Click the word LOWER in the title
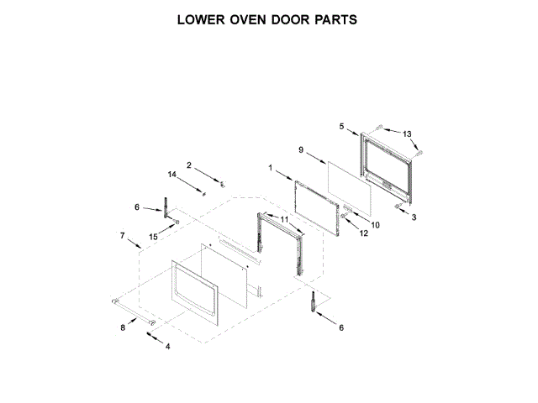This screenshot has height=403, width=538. coord(205,18)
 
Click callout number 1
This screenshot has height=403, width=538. coord(271,168)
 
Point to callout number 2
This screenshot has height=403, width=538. coord(189,165)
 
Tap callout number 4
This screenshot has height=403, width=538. coord(167,346)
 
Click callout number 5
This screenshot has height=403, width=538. coord(341,126)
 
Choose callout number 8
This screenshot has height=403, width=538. coord(123,327)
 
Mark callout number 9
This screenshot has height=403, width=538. coord(301,149)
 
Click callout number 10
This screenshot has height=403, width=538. coord(375,225)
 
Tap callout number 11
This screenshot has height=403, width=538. coord(283,219)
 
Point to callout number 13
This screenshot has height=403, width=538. coord(407,134)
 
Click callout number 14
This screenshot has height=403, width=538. coord(171,175)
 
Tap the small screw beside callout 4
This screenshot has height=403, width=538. coord(151,334)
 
